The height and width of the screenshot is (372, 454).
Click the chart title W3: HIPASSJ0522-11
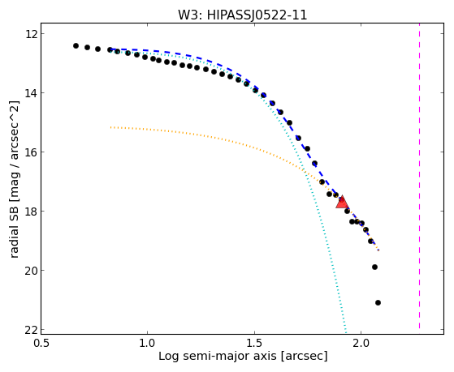(x=242, y=15)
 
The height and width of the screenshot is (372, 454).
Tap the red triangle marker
(x=342, y=202)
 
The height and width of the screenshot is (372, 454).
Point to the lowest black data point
(x=378, y=302)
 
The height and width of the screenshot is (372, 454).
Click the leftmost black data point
(x=76, y=45)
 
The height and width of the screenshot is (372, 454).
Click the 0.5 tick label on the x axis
(x=41, y=343)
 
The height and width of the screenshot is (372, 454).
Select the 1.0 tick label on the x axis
(x=148, y=343)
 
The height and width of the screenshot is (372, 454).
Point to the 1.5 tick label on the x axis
(x=254, y=343)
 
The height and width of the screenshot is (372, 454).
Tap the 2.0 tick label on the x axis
(x=361, y=343)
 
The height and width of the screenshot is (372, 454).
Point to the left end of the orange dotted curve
(x=111, y=127)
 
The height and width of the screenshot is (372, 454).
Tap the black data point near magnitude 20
(x=374, y=267)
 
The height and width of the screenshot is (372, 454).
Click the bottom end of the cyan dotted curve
(x=345, y=329)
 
